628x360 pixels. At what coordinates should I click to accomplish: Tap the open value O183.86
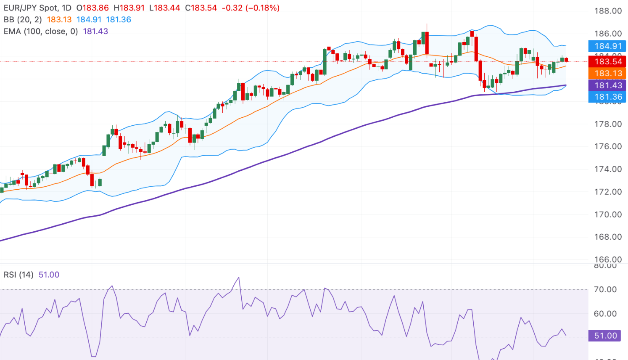92,8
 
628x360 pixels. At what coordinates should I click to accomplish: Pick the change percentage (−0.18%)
263,8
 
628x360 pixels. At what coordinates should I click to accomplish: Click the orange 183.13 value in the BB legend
59,20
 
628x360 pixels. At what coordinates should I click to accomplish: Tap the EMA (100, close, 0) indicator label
41,32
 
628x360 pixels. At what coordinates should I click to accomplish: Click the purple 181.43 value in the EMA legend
95,32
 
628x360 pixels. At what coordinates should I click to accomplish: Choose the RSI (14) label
18,275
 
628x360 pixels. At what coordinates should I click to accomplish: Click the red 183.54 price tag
608,62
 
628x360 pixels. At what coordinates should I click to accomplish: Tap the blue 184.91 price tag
608,46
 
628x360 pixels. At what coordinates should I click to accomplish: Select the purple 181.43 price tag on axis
608,85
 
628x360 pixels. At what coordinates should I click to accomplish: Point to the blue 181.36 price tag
608,97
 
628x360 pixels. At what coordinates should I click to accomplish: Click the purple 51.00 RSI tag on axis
605,336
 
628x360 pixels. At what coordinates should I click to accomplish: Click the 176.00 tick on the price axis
608,146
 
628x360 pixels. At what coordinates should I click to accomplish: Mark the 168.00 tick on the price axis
608,237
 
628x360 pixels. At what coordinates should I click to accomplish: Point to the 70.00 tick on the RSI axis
605,289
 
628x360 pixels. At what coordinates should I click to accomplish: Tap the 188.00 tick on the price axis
608,11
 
